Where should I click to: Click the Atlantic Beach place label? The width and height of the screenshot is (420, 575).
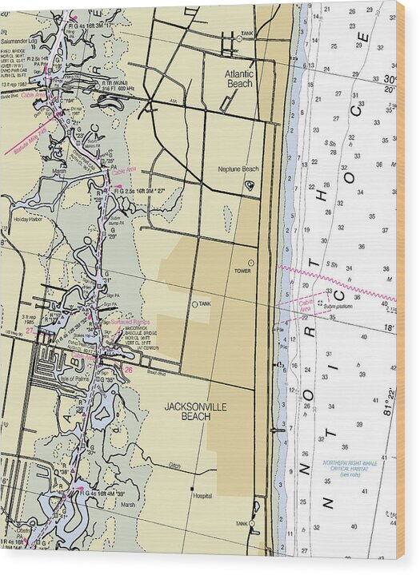[239, 78]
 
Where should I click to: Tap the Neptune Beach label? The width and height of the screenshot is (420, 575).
[238, 169]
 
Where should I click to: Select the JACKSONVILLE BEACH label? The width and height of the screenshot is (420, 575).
[195, 411]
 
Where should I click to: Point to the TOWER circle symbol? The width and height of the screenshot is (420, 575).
[250, 263]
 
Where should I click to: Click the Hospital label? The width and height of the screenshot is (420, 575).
[202, 496]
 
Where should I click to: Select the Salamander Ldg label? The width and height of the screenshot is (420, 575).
[22, 38]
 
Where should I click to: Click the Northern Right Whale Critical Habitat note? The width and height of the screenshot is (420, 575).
[349, 468]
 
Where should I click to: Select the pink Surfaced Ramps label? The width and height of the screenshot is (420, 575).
[130, 321]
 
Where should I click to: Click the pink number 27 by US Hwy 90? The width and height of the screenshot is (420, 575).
[30, 331]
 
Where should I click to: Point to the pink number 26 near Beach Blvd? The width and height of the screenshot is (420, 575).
[129, 370]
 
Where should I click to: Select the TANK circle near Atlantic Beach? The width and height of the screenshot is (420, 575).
[238, 38]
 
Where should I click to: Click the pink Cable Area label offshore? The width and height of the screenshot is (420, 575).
[306, 304]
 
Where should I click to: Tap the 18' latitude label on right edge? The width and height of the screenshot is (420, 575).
[388, 327]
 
